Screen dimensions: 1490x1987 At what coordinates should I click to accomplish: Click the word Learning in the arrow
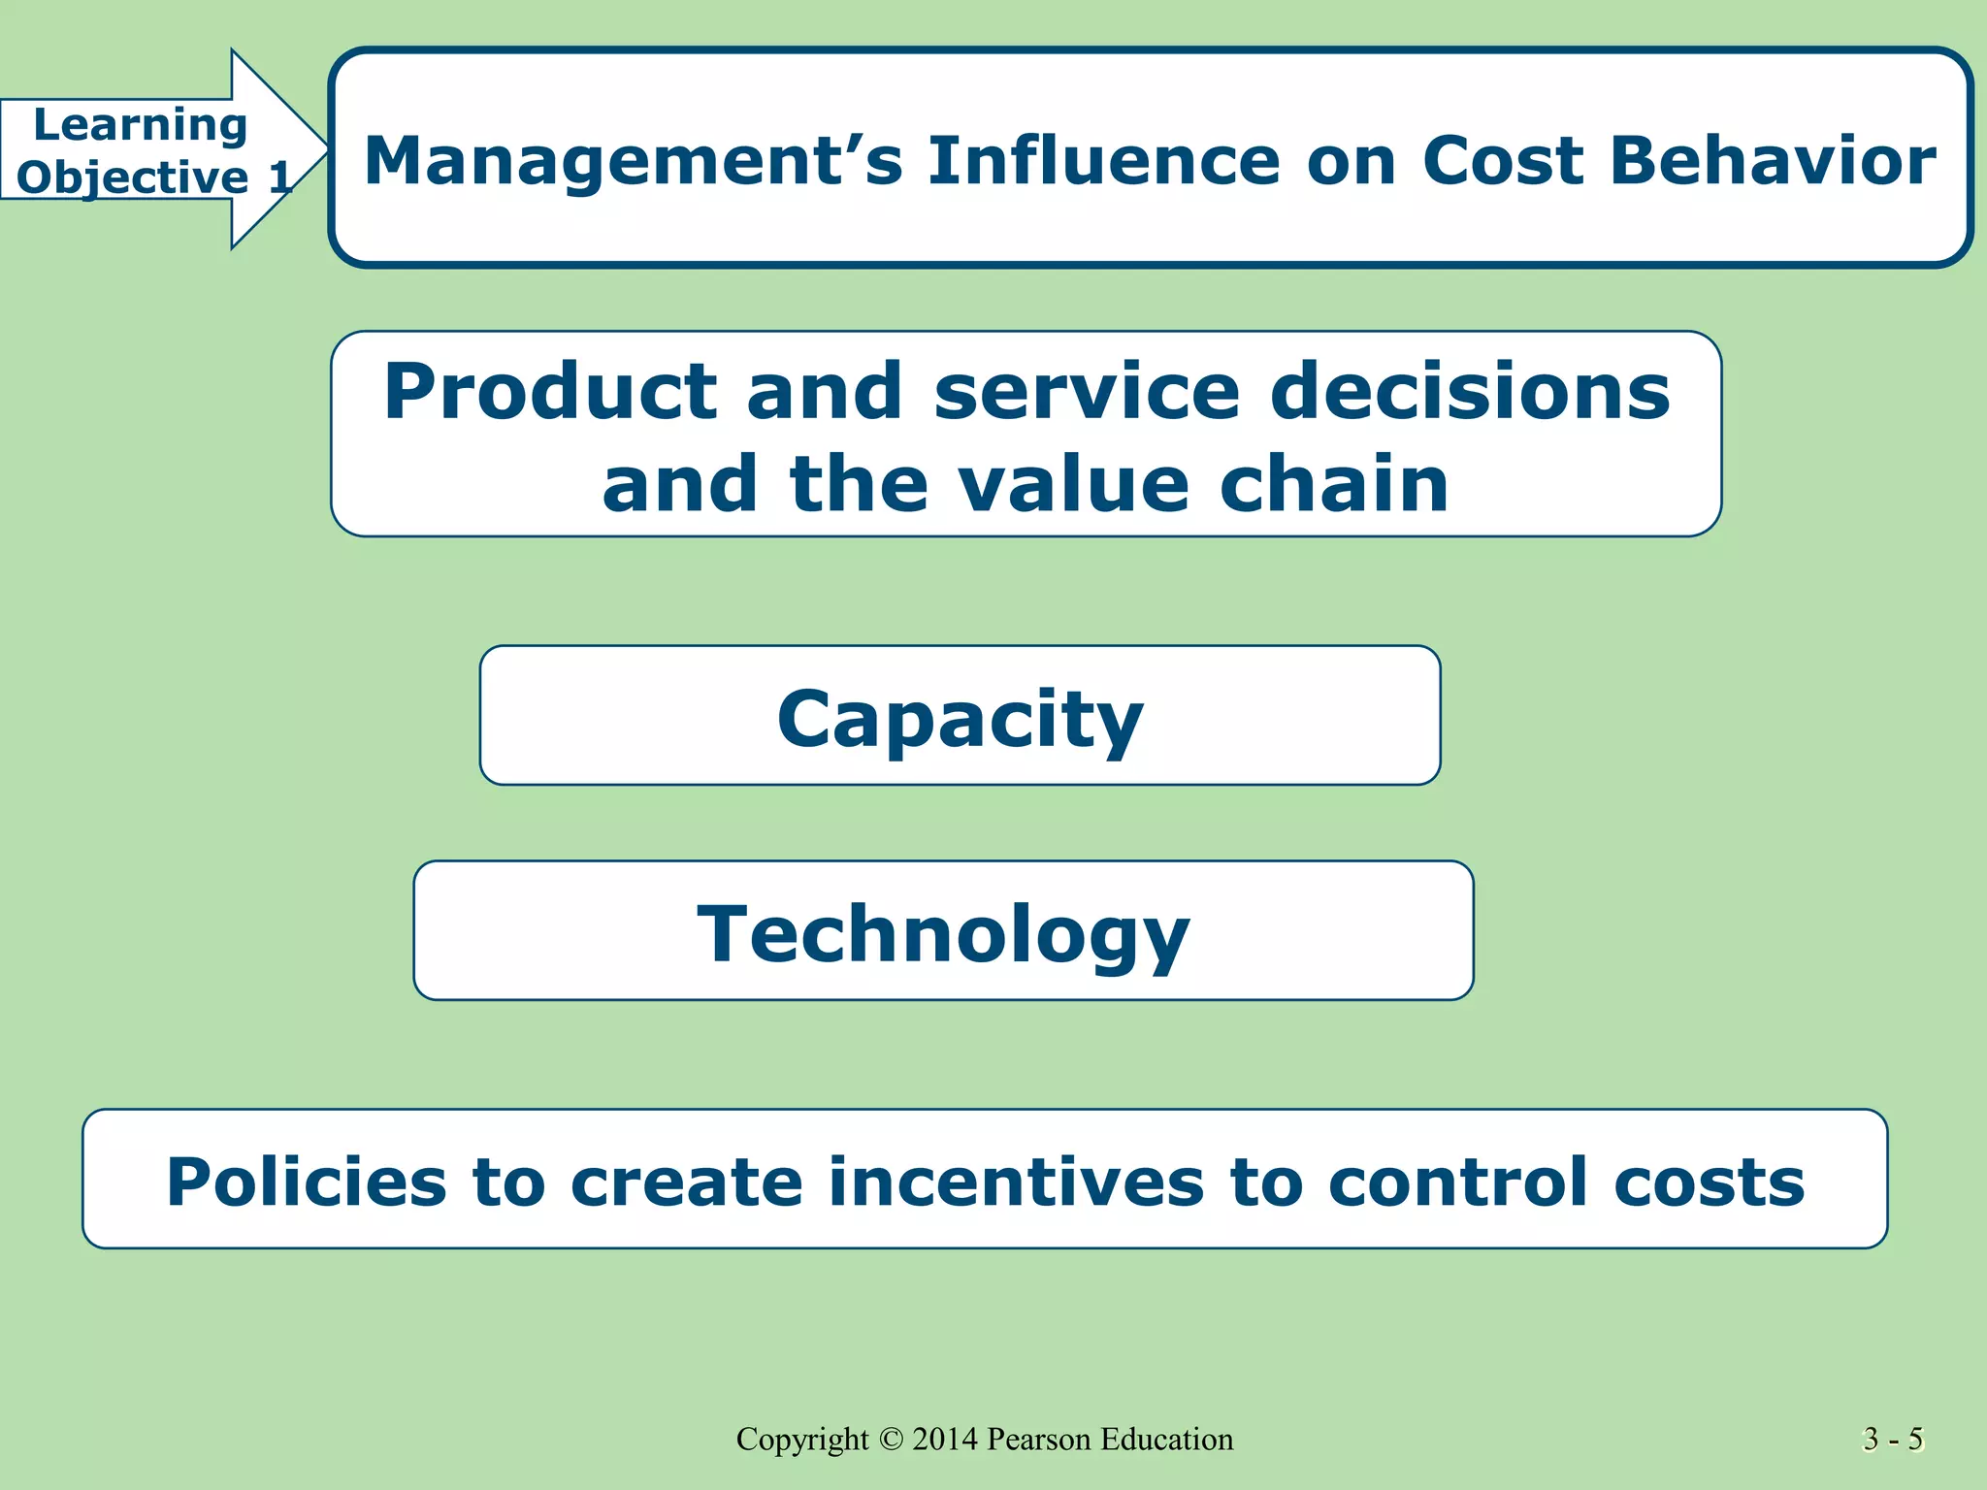click(140, 126)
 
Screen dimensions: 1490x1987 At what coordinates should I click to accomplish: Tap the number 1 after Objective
click(279, 178)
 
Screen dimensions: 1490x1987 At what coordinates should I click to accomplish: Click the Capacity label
click(960, 719)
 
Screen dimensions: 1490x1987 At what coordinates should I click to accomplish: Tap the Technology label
click(943, 933)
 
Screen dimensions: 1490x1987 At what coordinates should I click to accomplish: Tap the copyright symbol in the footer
click(891, 1439)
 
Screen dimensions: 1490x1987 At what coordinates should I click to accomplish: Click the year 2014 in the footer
click(945, 1439)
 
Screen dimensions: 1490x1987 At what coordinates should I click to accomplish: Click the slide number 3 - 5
click(1893, 1439)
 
